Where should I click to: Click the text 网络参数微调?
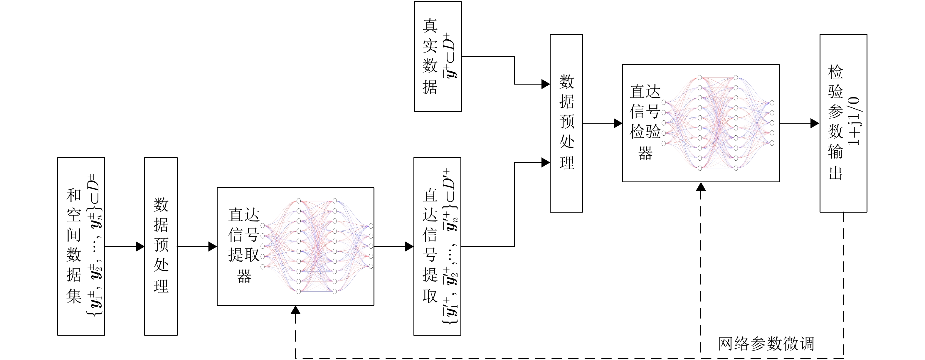pos(766,344)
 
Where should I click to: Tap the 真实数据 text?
pos(430,57)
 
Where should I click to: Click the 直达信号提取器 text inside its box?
pos(243,245)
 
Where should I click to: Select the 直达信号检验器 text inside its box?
pos(645,122)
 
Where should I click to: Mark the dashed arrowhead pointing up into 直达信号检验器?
pos(701,187)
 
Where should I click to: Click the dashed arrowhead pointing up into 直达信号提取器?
pos(295,310)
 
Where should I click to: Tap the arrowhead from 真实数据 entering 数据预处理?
pos(545,84)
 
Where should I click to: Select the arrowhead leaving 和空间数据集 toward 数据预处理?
pos(140,247)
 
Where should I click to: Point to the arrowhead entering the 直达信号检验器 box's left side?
pos(618,123)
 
